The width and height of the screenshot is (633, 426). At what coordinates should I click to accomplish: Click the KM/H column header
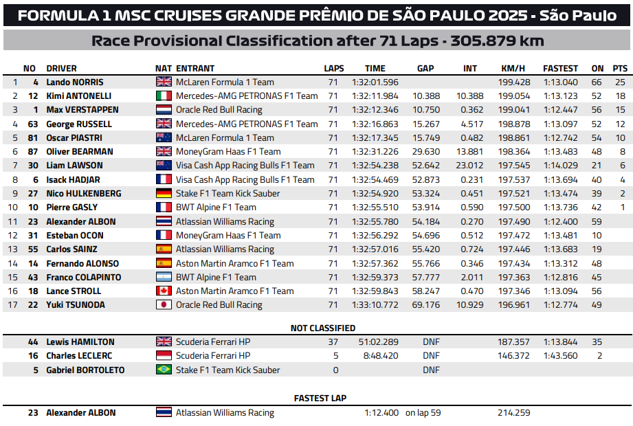[x=513, y=68]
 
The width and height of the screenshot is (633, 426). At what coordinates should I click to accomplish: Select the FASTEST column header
[x=560, y=68]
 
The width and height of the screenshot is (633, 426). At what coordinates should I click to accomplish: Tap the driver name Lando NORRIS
[x=75, y=82]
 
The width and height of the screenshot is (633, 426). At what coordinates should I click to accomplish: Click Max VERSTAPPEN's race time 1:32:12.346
[x=375, y=110]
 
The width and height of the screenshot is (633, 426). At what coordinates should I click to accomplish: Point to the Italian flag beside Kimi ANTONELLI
[x=164, y=96]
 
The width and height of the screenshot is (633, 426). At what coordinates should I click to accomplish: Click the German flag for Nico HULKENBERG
[x=164, y=194]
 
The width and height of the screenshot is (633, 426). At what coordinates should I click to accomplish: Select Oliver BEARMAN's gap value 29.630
[x=427, y=152]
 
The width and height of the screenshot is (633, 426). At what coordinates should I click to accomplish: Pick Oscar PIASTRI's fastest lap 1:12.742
[x=560, y=138]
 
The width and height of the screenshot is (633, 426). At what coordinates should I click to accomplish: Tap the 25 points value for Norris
[x=621, y=82]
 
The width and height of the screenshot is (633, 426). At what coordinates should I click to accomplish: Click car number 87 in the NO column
[x=32, y=152]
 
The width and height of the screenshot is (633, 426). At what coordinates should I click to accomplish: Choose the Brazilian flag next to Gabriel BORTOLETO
[x=164, y=370]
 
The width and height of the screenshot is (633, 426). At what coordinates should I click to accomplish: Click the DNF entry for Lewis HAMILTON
[x=431, y=342]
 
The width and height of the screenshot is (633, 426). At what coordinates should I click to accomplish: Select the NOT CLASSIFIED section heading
[x=323, y=328]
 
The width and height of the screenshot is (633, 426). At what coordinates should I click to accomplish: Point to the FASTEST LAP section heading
[x=320, y=399]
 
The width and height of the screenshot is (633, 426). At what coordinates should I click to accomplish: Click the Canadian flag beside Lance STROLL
[x=164, y=291]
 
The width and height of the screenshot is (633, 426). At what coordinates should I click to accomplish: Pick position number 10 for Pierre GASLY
[x=13, y=208]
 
